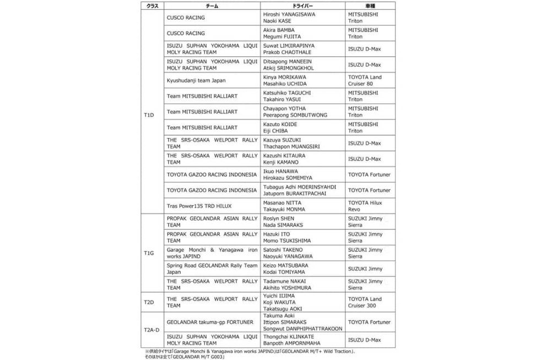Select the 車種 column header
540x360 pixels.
(x=370, y=5)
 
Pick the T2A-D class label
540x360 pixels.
(x=152, y=330)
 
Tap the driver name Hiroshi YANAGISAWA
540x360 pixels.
(x=289, y=14)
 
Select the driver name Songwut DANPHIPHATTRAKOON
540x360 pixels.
(x=303, y=329)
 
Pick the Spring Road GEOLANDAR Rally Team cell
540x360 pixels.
(x=212, y=265)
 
